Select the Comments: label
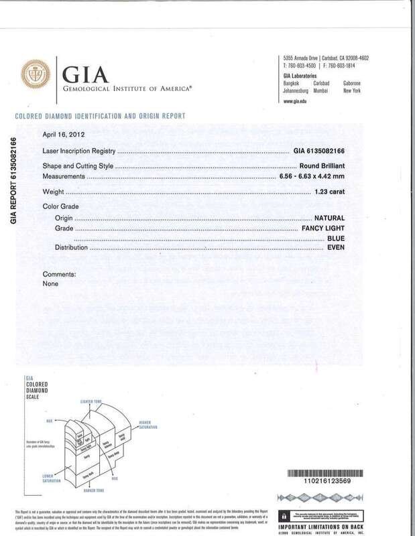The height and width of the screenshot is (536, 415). (60, 275)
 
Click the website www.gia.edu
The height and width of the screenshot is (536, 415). (295, 101)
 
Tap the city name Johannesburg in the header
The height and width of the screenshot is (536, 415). (300, 89)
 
